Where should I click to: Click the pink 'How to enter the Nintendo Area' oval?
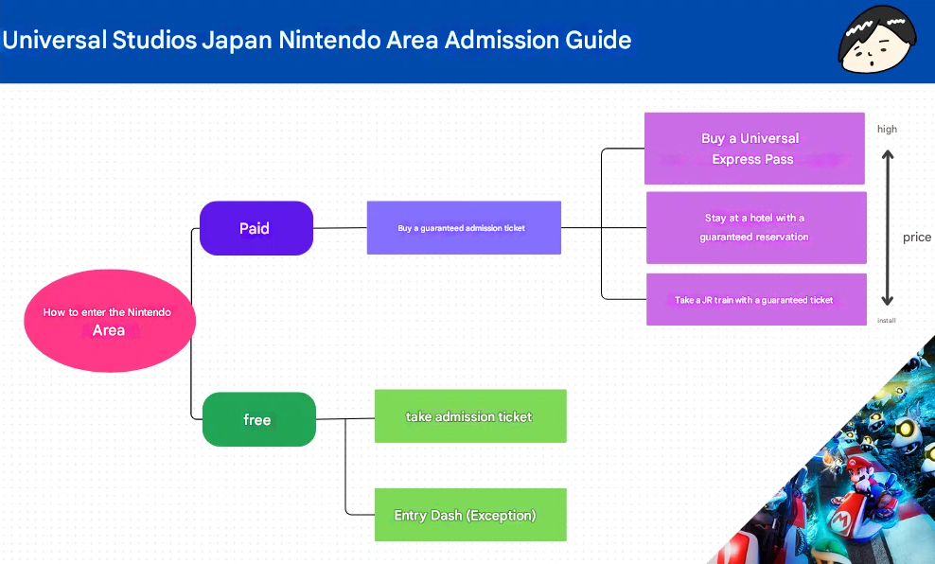109,322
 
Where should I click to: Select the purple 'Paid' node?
256,228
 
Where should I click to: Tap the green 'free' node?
258,419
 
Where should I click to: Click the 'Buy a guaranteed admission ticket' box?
464,228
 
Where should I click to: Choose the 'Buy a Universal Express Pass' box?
753,149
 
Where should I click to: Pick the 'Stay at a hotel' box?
755,228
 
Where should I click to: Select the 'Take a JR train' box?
755,300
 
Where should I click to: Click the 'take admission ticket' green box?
470,416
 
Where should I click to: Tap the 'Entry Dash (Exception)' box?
470,516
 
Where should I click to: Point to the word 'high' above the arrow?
887,129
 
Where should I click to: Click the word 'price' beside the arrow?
916,238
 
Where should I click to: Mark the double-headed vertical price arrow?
888,227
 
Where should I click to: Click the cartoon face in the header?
876,40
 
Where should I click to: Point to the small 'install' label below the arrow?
887,321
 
